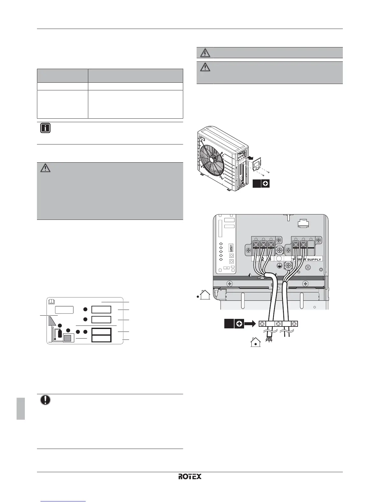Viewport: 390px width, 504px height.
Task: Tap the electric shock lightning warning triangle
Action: tap(205, 52)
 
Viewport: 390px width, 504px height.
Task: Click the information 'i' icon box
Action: tap(45, 129)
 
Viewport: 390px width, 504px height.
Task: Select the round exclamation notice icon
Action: tap(45, 400)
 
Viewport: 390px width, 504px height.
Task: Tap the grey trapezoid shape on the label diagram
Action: tap(52, 321)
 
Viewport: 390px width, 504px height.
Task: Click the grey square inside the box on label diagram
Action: tap(68, 338)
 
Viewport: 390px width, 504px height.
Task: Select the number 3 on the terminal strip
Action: tap(270, 259)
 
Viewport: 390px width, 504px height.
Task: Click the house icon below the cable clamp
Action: tap(256, 343)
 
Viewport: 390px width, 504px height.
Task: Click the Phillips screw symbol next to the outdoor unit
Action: tap(265, 184)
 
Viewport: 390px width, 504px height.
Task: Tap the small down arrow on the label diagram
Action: tap(55, 339)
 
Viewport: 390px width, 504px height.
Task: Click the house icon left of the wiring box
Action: tap(205, 295)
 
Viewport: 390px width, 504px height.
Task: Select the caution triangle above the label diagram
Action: tap(46, 168)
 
